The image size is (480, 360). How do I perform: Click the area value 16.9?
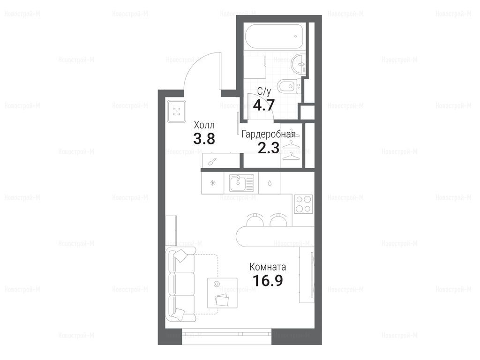268,280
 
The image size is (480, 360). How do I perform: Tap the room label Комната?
268,267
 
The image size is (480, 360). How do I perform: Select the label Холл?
204,125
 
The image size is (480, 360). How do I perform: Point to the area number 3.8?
204,139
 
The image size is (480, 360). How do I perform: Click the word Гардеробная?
269,135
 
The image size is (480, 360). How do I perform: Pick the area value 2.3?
269,148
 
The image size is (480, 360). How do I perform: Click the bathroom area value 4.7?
263,105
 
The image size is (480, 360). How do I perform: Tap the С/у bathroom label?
264,91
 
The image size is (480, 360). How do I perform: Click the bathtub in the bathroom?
276,36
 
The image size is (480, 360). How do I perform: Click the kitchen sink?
241,183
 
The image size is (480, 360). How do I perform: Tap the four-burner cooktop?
303,204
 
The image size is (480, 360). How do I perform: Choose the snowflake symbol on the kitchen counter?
212,183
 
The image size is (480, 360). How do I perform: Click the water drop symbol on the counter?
270,183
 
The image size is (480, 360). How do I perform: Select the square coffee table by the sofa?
222,293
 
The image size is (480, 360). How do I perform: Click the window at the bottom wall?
226,331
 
